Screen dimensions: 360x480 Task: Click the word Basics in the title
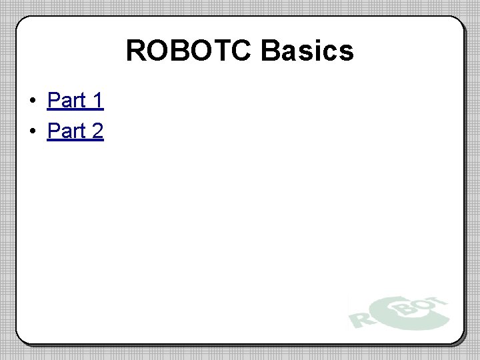[x=307, y=51]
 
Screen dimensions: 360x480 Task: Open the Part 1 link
[x=75, y=101]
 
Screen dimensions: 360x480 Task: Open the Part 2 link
[x=75, y=131]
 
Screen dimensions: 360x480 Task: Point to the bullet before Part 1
[x=32, y=101]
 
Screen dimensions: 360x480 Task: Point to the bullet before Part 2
[x=32, y=132]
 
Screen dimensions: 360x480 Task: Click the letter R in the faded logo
[x=360, y=316]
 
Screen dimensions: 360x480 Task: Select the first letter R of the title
[x=135, y=51]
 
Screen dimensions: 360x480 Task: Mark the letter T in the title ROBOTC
[x=221, y=51]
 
